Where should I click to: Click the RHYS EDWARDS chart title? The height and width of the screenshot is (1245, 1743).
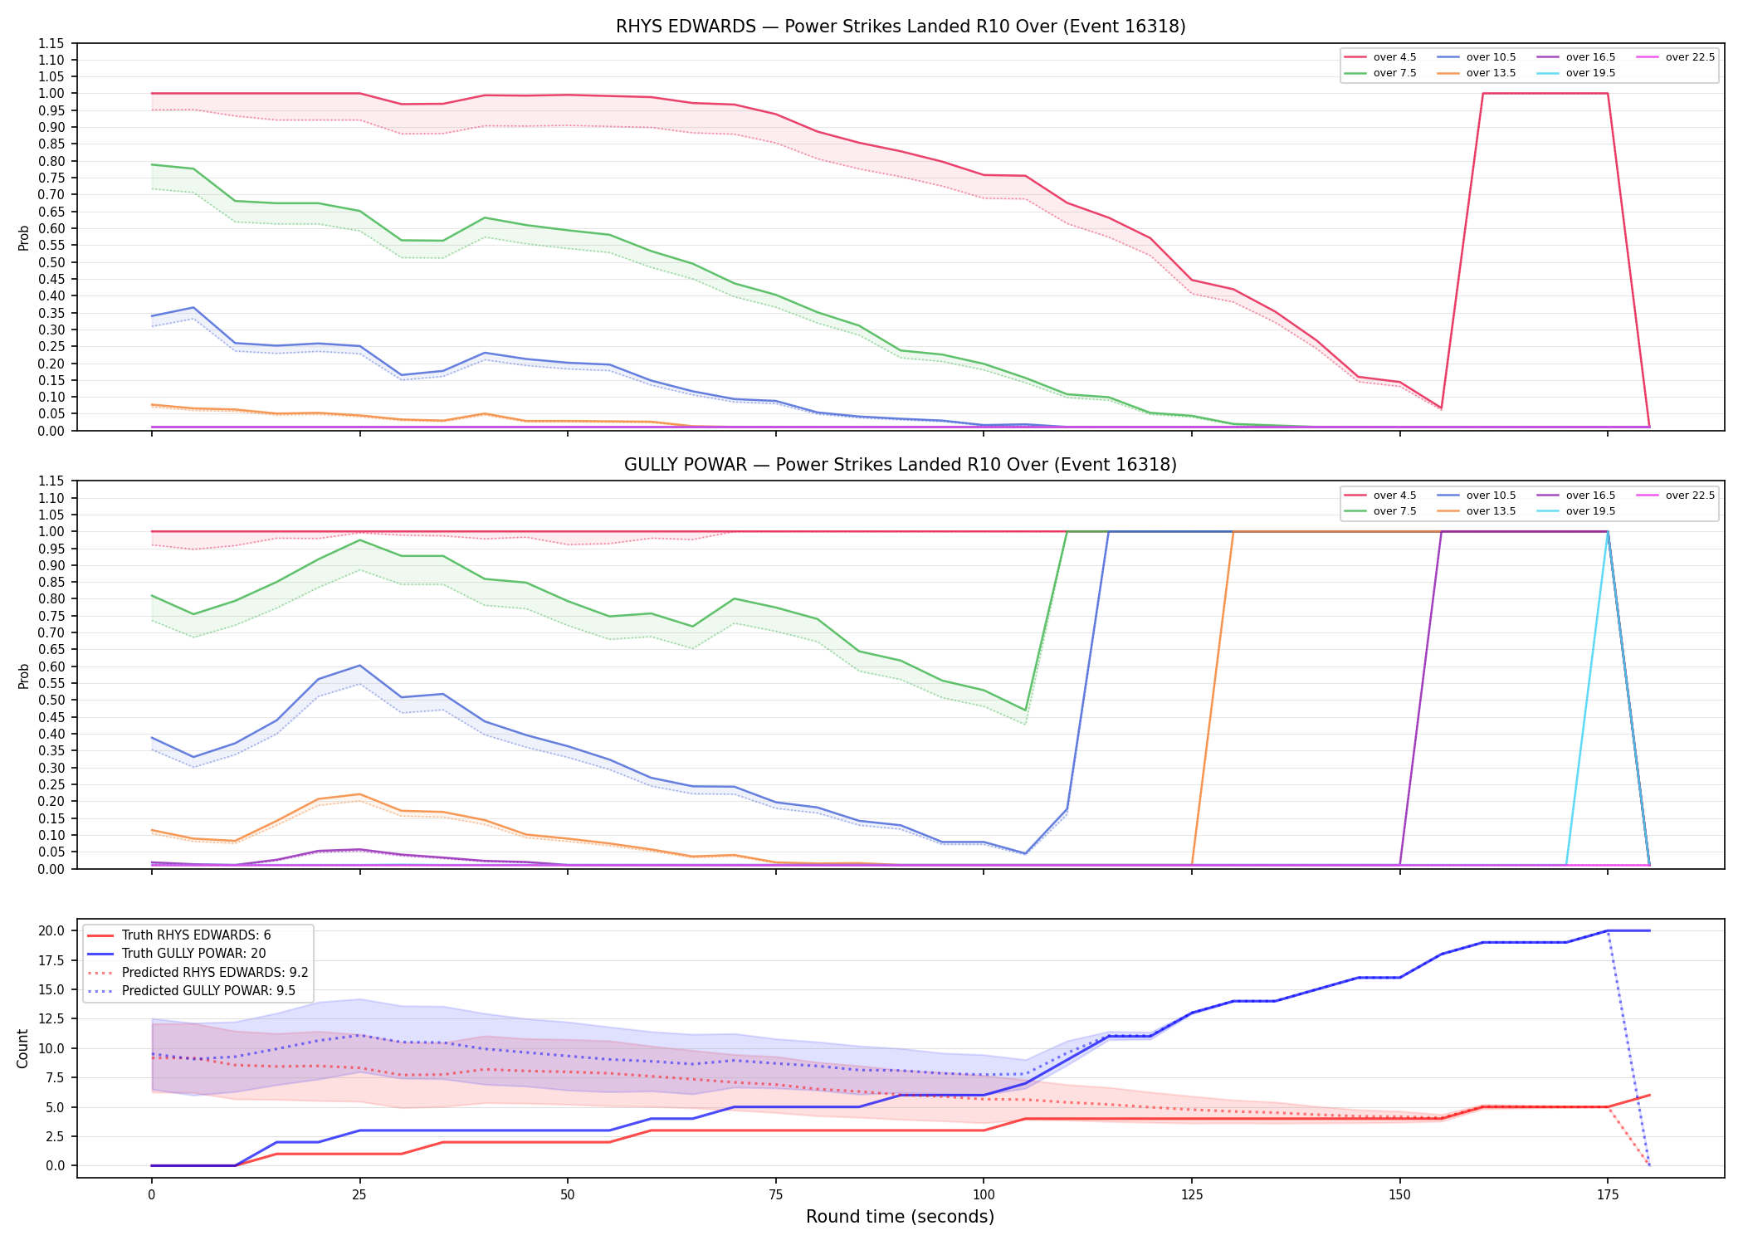point(901,27)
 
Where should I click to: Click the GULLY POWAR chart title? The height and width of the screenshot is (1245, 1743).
point(901,465)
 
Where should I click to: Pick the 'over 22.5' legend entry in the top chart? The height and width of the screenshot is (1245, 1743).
point(1675,57)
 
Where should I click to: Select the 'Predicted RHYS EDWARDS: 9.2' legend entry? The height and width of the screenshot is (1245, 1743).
point(198,972)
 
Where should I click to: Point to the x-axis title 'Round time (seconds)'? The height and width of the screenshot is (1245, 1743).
point(900,1217)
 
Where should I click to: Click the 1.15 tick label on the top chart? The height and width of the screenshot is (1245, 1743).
point(51,43)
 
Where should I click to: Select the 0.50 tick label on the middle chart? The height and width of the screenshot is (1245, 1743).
point(51,700)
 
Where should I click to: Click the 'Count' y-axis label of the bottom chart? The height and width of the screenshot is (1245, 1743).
point(22,1048)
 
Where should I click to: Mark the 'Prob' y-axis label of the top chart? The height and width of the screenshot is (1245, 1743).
point(24,237)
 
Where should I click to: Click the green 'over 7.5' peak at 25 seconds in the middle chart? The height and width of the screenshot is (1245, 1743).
point(359,540)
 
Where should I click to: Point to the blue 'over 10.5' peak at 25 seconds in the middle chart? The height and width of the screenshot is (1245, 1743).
point(359,666)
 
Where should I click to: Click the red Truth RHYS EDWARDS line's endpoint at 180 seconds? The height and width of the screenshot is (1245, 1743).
point(1649,1095)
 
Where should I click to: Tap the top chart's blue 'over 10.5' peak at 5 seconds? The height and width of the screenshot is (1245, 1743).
point(193,307)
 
